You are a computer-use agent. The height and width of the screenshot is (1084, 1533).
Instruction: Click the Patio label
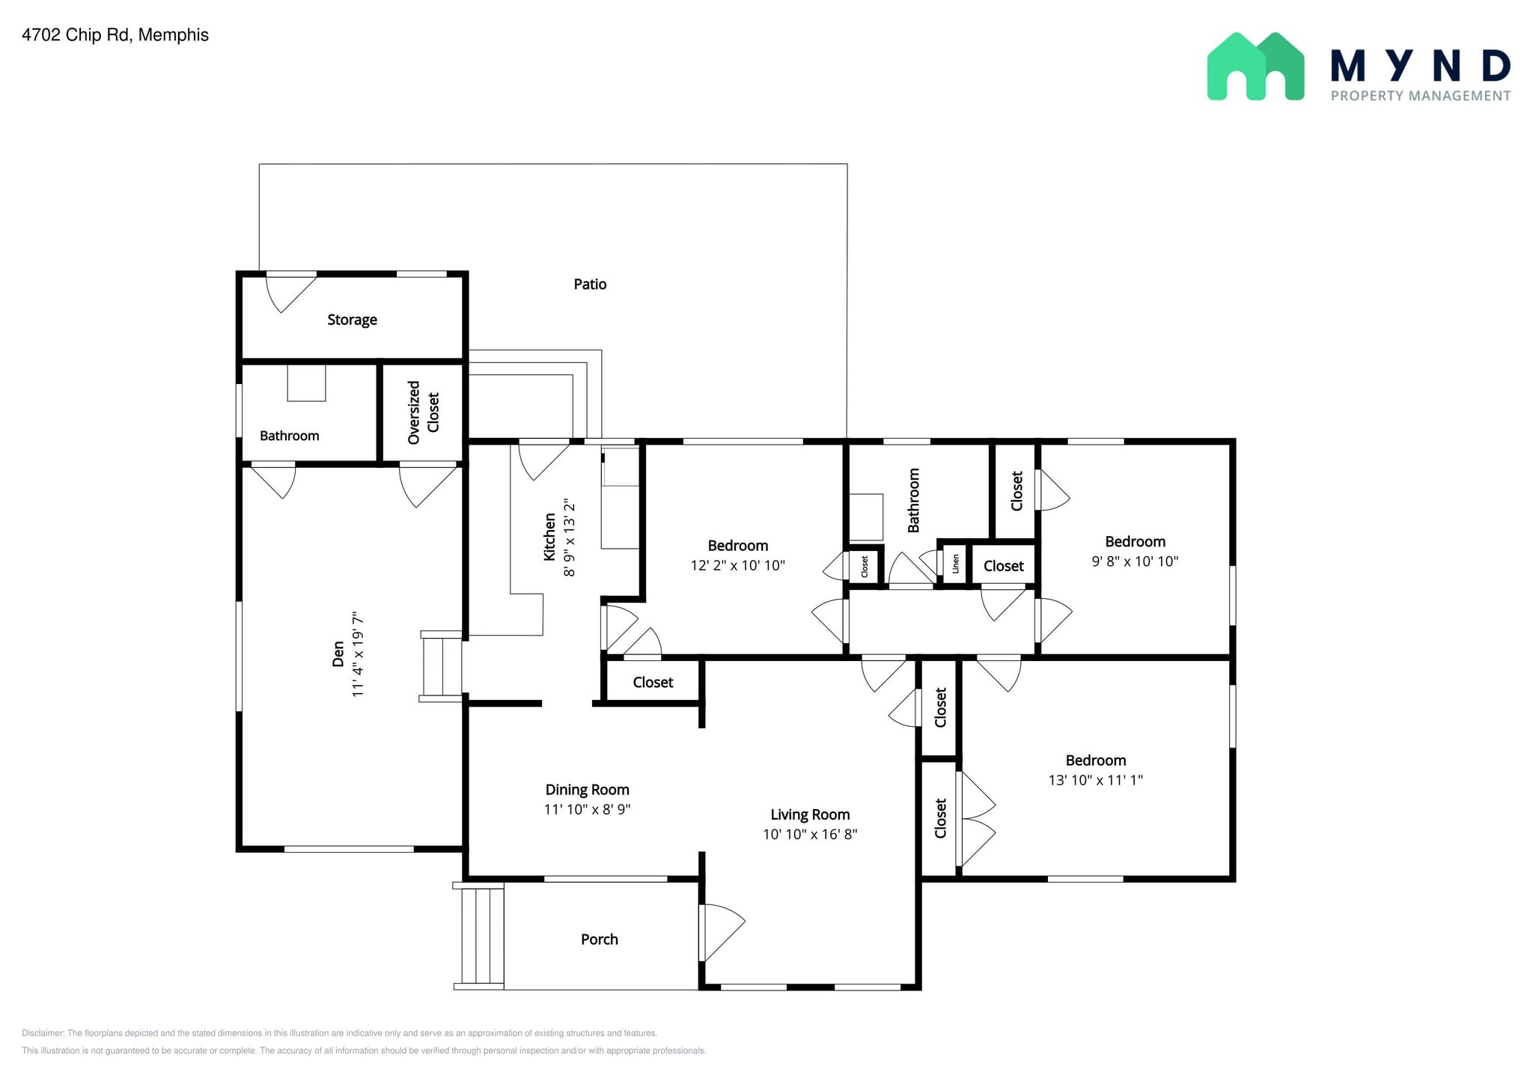pos(590,284)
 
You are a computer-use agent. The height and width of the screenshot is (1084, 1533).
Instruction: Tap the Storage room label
pos(352,320)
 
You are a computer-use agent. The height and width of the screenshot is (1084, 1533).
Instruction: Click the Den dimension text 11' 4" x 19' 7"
pos(358,655)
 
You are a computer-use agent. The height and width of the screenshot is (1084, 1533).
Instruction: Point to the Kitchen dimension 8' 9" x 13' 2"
pos(570,538)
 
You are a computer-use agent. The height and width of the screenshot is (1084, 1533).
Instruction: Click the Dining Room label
pos(587,790)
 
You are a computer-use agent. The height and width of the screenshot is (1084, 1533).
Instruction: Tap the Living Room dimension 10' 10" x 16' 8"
pos(810,834)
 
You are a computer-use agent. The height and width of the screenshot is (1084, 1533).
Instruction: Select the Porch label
pos(600,940)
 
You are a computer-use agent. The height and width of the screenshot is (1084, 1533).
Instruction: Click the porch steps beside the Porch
pos(479,936)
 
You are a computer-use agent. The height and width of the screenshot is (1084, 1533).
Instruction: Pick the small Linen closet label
pos(956,564)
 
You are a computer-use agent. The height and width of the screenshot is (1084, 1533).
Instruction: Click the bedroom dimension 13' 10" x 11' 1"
pos(1095,780)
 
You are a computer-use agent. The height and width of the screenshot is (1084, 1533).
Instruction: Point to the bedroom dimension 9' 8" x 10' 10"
pos(1135,561)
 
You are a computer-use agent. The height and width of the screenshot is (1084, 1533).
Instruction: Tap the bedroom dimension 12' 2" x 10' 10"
pos(737,565)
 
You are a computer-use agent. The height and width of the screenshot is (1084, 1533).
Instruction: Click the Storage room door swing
pos(291,293)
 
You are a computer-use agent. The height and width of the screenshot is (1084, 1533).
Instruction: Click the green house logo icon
pos(1255,66)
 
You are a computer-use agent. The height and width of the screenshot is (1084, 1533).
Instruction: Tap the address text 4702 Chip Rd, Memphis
pos(115,35)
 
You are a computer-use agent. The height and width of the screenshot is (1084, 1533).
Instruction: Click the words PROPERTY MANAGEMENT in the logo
pos(1421,96)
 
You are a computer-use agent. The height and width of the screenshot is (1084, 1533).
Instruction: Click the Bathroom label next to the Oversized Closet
pos(290,436)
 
